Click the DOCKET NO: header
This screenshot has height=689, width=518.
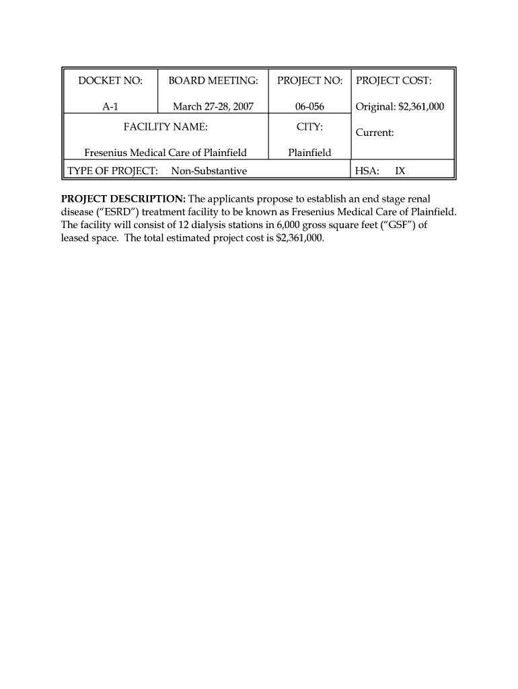[x=110, y=81]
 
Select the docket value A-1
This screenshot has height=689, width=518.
[x=110, y=106]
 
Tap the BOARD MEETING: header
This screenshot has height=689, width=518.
[x=213, y=81]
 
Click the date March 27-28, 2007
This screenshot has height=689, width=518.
[x=213, y=106]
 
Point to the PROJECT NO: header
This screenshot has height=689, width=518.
[x=309, y=81]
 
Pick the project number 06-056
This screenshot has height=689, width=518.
[x=309, y=106]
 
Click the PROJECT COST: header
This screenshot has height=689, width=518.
[x=394, y=81]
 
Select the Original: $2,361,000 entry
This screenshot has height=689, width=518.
[x=400, y=106]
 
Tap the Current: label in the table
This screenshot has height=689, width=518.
[x=375, y=133]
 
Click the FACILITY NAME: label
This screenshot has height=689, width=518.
[x=165, y=126]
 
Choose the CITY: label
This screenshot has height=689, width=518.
[x=309, y=126]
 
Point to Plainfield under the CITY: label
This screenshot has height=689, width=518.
[x=309, y=153]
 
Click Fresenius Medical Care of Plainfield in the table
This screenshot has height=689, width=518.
[x=165, y=153]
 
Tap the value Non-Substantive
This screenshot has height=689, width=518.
[x=209, y=171]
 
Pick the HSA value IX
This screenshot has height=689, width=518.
[x=400, y=171]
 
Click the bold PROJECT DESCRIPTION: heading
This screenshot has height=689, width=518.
[x=123, y=198]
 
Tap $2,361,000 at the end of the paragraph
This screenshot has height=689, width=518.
[x=300, y=238]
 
